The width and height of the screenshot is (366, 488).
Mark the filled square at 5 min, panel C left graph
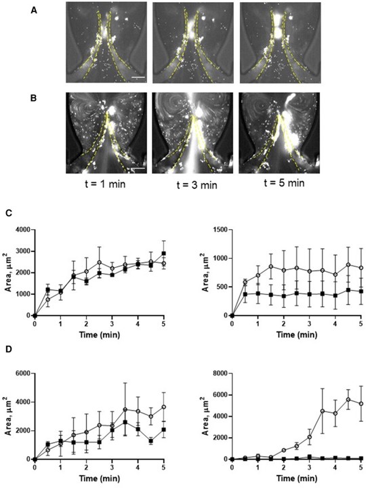point(163,253)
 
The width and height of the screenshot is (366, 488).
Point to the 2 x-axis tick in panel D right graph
point(283,467)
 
